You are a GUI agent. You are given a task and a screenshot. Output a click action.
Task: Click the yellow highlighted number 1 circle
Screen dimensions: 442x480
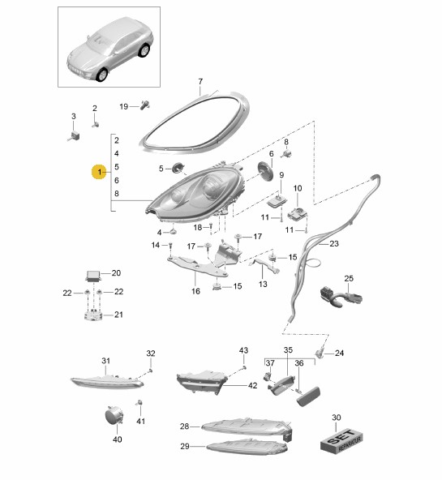pos(99,172)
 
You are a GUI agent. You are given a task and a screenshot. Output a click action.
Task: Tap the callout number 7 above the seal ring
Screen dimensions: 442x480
pos(200,82)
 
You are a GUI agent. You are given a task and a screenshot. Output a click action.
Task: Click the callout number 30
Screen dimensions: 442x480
pos(336,418)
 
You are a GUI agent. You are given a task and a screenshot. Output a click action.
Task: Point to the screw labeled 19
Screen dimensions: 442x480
pos(145,105)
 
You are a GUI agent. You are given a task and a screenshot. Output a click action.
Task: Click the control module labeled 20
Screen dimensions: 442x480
pos(93,276)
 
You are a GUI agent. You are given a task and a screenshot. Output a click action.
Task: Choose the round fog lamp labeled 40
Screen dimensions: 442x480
pos(114,416)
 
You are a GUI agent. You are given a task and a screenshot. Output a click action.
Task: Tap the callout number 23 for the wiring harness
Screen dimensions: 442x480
pos(334,244)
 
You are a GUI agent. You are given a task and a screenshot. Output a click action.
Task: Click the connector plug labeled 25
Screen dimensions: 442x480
pos(341,296)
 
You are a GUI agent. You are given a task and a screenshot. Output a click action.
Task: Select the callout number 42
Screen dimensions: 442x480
pos(252,386)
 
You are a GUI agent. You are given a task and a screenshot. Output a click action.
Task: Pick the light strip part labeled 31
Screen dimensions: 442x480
pos(107,381)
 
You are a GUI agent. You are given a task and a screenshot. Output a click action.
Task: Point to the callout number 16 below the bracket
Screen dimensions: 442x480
pos(195,291)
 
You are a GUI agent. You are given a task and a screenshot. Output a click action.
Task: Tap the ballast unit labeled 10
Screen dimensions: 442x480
pos(298,213)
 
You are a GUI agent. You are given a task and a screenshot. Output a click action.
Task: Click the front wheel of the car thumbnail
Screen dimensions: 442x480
pos(101,75)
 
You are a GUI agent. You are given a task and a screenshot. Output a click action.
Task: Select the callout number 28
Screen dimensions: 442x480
pos(185,426)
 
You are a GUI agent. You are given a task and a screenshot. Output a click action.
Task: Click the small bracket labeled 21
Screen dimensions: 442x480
pos(93,315)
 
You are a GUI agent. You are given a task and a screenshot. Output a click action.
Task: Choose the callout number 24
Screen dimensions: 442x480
pos(339,354)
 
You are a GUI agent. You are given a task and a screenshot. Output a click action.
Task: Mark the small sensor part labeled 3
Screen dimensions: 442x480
pos(74,135)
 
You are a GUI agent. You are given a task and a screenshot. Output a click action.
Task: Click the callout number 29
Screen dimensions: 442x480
pos(185,446)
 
